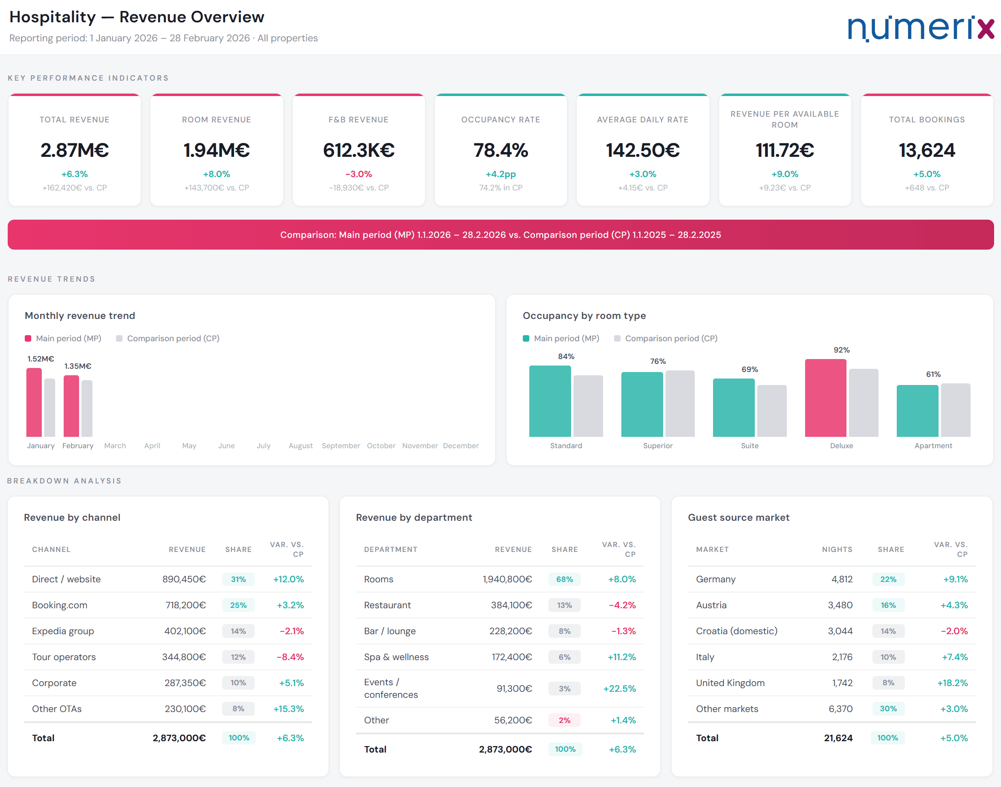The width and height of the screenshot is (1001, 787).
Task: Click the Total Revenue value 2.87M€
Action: click(x=75, y=150)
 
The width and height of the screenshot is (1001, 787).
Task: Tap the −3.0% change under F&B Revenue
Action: click(x=359, y=174)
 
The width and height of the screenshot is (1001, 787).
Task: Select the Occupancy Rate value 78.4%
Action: click(x=501, y=150)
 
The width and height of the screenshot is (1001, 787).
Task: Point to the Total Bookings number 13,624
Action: click(x=927, y=150)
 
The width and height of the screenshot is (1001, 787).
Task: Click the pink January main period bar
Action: click(x=34, y=402)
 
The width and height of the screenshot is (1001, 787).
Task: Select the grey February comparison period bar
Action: click(x=87, y=408)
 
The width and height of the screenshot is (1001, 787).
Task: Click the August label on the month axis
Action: click(x=301, y=445)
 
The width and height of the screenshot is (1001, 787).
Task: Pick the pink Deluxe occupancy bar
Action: click(x=825, y=398)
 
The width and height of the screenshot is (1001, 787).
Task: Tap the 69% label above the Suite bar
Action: click(x=750, y=370)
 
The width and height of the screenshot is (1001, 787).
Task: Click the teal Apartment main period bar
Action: click(x=917, y=411)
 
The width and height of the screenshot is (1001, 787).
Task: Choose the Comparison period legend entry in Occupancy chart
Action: click(x=666, y=338)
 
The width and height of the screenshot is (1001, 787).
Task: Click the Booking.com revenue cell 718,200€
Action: click(x=185, y=605)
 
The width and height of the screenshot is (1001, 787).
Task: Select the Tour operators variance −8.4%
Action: click(x=290, y=657)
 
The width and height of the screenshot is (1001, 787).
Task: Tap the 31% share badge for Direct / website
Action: click(x=238, y=579)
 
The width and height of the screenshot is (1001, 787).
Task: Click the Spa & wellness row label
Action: click(x=396, y=657)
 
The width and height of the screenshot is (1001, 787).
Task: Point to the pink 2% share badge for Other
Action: click(x=564, y=720)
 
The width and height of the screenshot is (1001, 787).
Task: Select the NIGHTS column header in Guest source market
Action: click(x=837, y=549)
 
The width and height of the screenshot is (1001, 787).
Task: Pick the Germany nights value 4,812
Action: click(x=842, y=579)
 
